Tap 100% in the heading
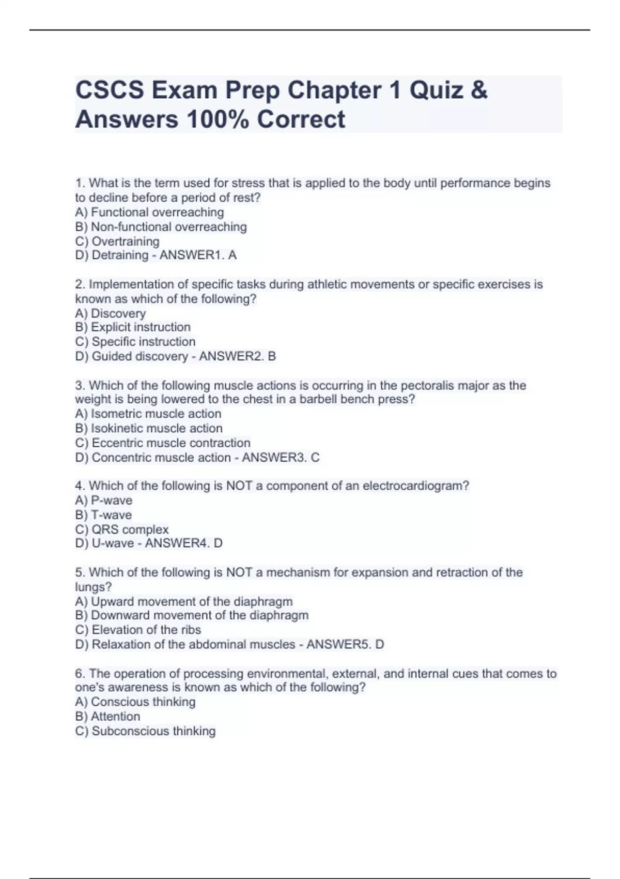[216, 119]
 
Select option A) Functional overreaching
[149, 212]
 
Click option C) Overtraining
[117, 241]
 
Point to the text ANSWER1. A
[198, 255]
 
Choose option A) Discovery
[111, 313]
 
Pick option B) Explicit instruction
[133, 327]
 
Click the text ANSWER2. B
[238, 356]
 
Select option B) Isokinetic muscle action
[149, 428]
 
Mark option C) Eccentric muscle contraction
[163, 443]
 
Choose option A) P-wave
[104, 501]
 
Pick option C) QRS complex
[122, 529]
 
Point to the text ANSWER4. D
[184, 543]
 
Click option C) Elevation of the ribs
[138, 630]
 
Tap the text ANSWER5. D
[345, 644]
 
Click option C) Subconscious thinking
[145, 731]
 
